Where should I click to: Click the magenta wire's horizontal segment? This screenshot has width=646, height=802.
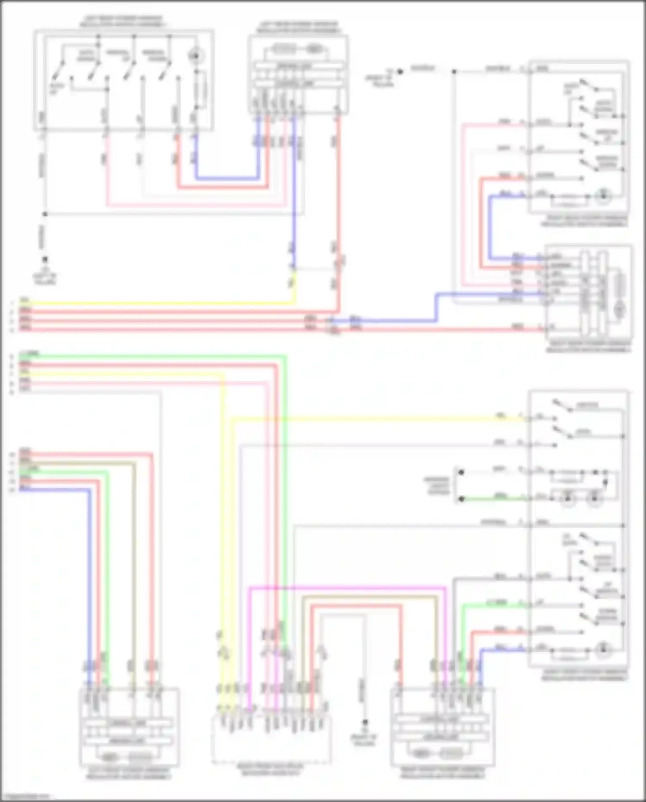345,587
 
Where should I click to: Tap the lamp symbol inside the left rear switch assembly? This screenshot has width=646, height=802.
196,56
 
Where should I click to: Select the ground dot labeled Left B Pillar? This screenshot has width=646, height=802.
45,259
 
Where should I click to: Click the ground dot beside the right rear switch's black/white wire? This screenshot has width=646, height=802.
400,72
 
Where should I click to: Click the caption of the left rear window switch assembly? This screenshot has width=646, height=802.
122,22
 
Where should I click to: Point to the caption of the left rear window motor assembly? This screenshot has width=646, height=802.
298,27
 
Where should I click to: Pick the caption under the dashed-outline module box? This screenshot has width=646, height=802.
270,770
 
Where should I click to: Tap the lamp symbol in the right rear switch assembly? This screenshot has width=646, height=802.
603,196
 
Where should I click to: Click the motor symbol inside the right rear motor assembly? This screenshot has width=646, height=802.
619,308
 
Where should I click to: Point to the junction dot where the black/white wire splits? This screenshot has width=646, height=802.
454,72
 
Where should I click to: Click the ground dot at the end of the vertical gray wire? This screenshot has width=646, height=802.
365,722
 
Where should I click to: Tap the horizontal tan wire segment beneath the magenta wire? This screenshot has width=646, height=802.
366,596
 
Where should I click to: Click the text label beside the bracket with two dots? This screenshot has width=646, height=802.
437,485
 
